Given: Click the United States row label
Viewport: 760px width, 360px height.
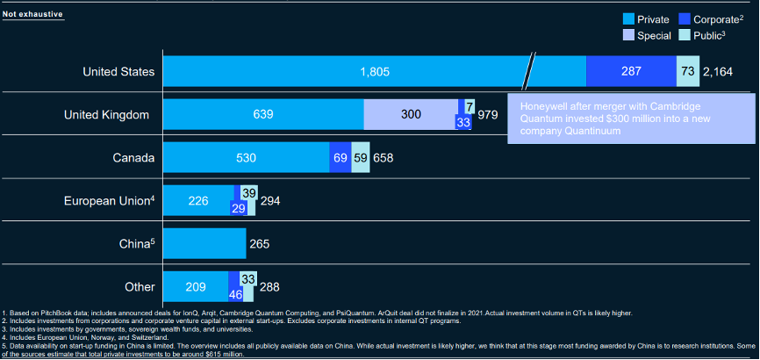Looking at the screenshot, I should [118, 72].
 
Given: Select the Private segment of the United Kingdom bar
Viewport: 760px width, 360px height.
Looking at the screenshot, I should [263, 114].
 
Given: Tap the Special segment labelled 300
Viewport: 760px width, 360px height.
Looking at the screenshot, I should [411, 114].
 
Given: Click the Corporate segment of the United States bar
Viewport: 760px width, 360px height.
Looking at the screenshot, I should [631, 72].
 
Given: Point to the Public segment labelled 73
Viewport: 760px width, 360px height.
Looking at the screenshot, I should [688, 72].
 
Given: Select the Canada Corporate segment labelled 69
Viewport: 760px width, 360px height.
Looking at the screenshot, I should [341, 158].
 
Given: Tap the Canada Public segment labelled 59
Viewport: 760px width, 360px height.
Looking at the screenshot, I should [361, 158].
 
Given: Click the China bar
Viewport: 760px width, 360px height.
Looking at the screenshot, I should [204, 243].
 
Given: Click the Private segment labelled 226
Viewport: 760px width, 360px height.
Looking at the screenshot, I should [198, 201].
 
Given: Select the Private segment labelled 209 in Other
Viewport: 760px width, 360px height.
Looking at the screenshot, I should [196, 286].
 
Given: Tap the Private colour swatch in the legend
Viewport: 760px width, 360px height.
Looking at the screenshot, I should [628, 18].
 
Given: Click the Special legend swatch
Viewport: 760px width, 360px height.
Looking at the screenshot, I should [628, 35].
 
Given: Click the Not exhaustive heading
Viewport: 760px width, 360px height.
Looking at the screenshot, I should [32, 14].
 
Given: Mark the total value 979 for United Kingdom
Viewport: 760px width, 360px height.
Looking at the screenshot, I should [488, 115].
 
